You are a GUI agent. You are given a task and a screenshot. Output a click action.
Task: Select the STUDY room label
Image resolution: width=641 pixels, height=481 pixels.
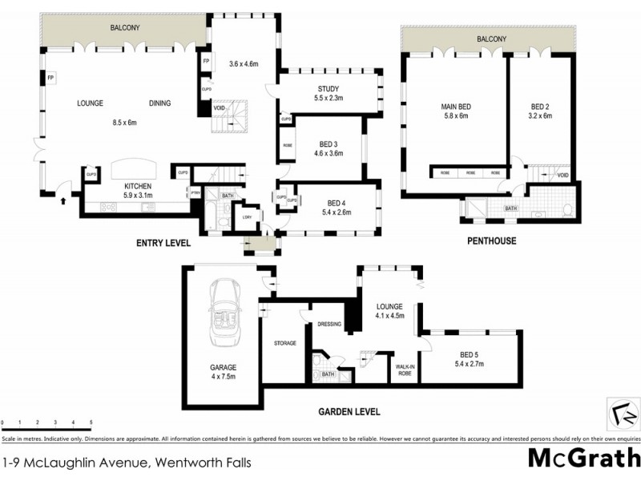329,89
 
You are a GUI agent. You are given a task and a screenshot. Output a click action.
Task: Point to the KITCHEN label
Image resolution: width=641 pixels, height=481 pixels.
138,186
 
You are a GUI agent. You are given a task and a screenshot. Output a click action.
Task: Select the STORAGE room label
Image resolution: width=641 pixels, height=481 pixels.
284,343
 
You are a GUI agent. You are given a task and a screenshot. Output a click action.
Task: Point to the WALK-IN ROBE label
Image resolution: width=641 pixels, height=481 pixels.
404,370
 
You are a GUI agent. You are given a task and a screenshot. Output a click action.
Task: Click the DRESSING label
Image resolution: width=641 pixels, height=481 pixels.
329,324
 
